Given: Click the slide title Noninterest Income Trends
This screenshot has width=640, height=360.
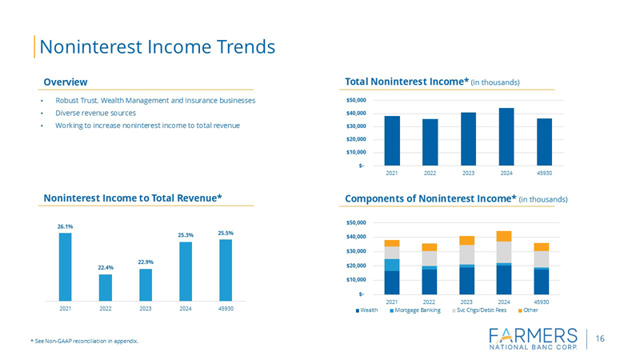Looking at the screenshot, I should pos(157,46).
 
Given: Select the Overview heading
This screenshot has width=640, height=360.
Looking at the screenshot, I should pos(66,82).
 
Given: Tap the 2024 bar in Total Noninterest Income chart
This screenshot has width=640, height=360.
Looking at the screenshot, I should pos(506,136).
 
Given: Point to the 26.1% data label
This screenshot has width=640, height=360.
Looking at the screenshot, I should pos(65,226).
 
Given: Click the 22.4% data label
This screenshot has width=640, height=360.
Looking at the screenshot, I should pos(106,268).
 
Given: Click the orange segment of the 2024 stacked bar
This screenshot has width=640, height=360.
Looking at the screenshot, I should pos(504,236).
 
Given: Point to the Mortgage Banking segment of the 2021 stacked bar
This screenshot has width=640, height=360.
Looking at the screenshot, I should pos(392,265).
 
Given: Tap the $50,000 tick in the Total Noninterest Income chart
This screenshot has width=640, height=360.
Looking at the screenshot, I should pos(355,101).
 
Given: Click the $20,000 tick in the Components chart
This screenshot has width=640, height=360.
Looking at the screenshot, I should pos(355,266).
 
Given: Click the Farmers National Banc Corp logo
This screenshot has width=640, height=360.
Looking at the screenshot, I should pos(532,339).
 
